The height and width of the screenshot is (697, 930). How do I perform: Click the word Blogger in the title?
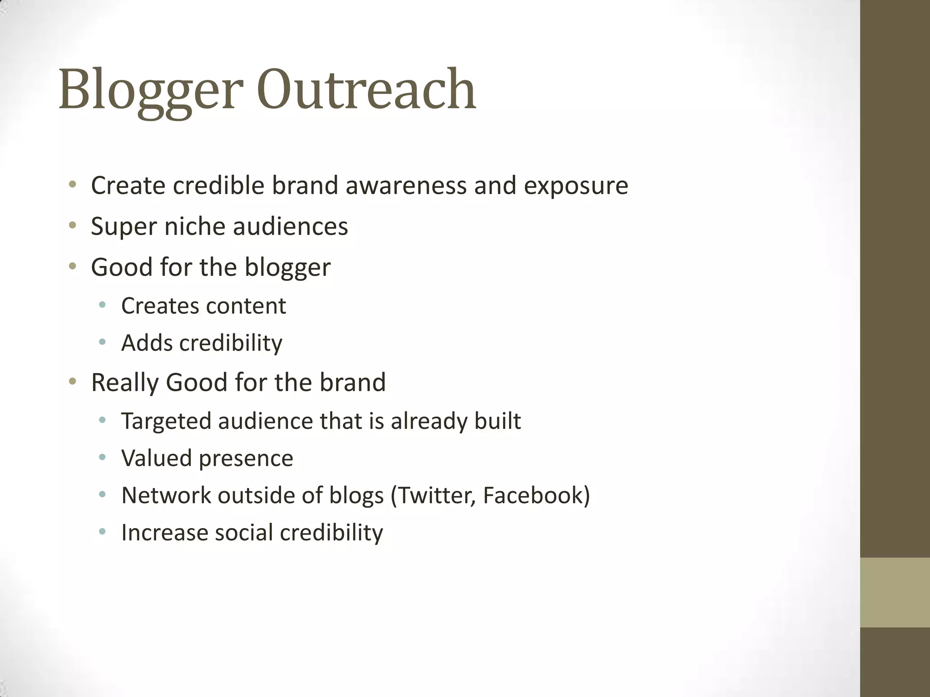[x=148, y=89]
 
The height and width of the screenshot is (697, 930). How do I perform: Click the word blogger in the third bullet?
[x=287, y=268]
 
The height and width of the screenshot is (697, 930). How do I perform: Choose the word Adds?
[x=147, y=343]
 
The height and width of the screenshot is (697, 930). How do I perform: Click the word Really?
[x=124, y=383]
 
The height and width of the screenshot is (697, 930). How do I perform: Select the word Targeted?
[x=166, y=422]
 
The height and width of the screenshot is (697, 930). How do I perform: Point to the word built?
[x=498, y=421]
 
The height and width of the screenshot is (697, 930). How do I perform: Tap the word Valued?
[x=157, y=458]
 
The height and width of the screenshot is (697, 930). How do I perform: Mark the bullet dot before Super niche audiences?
[x=72, y=225]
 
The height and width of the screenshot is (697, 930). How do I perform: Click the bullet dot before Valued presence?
[x=102, y=457]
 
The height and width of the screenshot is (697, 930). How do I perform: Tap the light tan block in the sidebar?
[x=895, y=592]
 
